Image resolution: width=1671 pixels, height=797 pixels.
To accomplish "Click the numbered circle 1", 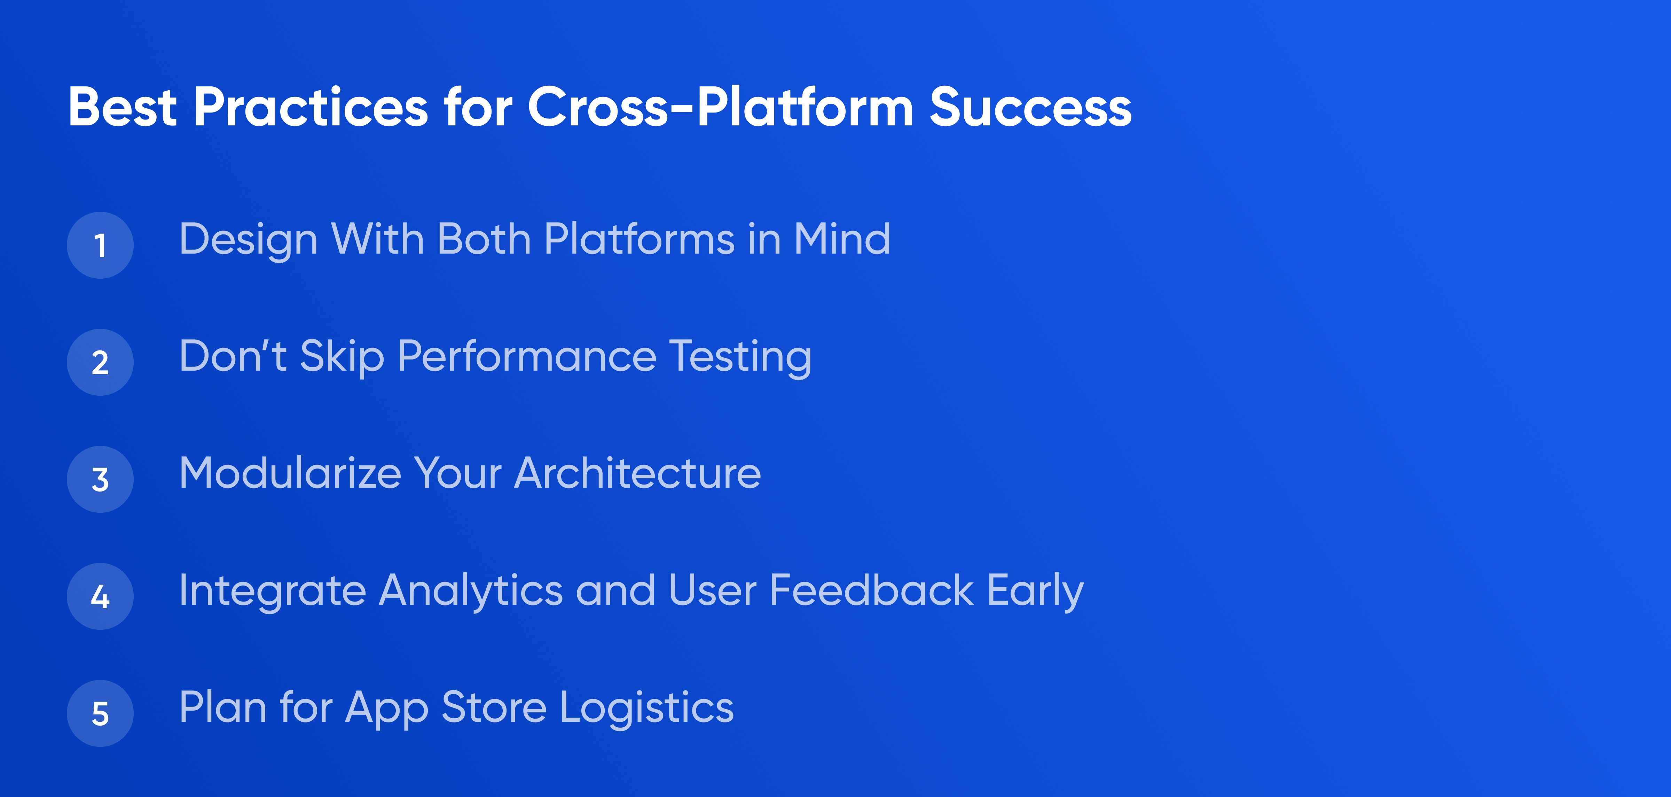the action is click(100, 245).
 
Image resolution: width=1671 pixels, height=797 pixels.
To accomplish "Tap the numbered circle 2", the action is click(100, 362).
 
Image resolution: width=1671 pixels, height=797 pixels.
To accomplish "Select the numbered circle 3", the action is click(100, 479).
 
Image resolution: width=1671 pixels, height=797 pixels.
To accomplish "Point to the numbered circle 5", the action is click(100, 713).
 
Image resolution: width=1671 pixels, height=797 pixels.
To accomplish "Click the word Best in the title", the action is click(123, 107).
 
